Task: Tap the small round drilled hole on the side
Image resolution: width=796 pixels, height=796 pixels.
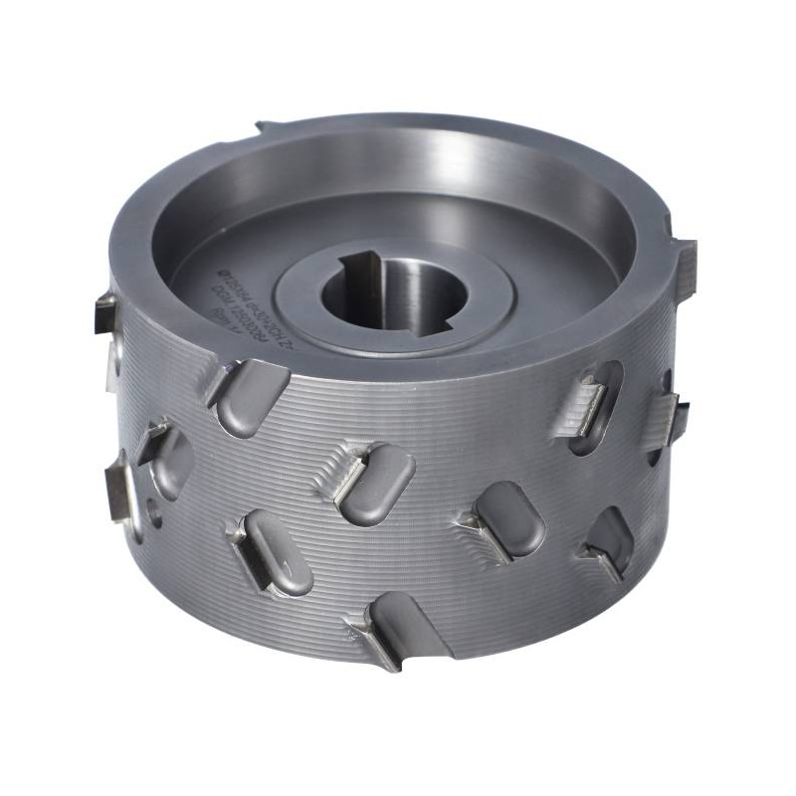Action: [154, 513]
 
